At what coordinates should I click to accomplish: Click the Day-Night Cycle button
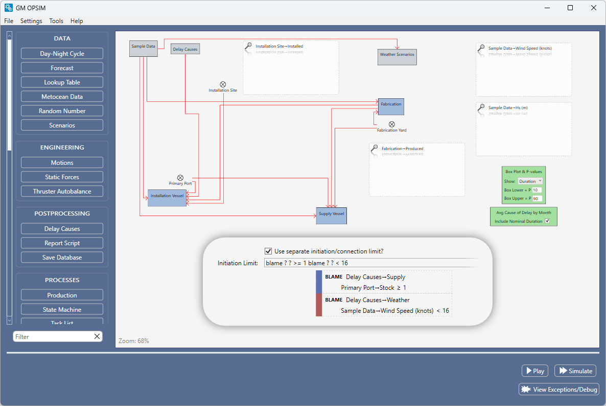pos(62,54)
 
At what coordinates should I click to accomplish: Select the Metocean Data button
pos(62,97)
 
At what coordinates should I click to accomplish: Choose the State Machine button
pos(62,310)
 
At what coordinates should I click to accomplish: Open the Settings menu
pos(31,21)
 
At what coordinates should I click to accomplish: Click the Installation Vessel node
pos(167,197)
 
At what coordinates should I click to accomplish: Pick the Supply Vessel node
pos(331,215)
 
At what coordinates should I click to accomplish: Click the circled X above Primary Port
pos(180,178)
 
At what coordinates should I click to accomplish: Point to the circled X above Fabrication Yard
pos(392,124)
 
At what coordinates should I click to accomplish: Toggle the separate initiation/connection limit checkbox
pos(268,251)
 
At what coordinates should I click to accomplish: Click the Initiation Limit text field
pos(370,263)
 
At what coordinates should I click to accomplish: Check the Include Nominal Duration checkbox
pos(547,221)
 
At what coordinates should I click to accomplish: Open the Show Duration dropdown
pos(530,181)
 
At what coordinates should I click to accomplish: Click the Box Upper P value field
pos(537,198)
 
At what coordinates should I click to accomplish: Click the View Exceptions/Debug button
pos(559,390)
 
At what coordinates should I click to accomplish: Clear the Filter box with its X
pos(97,336)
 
